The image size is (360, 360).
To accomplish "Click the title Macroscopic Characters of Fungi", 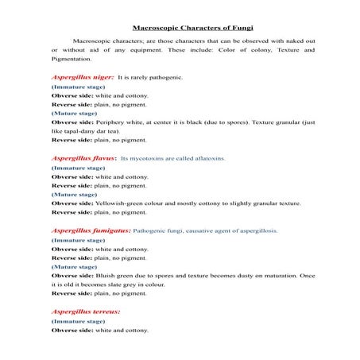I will click(x=180, y=27).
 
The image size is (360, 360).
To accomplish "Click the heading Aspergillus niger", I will click(x=82, y=77).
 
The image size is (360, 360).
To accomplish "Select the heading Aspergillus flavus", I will click(x=83, y=157).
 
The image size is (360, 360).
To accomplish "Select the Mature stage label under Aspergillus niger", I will click(x=74, y=113).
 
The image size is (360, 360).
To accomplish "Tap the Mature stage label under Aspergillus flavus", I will click(x=74, y=194).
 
